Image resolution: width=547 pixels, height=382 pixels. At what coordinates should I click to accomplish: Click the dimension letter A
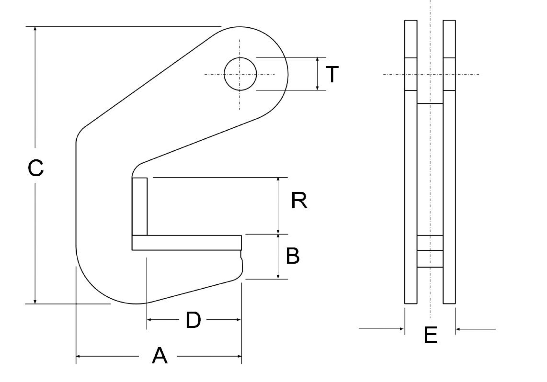[x=160, y=356]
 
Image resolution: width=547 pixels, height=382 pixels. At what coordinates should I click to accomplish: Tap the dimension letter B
[x=293, y=256]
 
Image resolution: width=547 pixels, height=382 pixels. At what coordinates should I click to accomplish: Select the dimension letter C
[x=36, y=168]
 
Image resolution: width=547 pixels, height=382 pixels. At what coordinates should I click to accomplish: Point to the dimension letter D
[x=193, y=320]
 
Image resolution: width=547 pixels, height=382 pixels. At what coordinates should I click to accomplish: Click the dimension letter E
[x=430, y=335]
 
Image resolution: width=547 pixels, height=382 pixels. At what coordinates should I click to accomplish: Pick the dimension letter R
[x=299, y=201]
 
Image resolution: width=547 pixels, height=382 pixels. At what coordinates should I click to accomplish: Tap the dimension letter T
[x=332, y=74]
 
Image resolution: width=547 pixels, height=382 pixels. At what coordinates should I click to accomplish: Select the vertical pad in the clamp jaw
[x=140, y=207]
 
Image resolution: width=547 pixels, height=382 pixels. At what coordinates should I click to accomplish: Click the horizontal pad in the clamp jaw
[x=187, y=243]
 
